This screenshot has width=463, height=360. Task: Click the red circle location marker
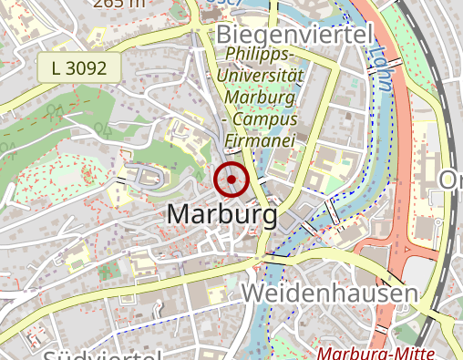(232, 180)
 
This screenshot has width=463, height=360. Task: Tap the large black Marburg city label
(222, 216)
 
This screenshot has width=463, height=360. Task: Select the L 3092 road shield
(79, 67)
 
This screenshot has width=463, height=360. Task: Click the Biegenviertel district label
(296, 35)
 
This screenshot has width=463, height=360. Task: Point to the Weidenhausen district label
(330, 293)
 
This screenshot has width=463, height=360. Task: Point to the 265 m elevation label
(118, 3)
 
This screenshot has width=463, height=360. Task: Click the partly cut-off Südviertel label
(100, 354)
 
